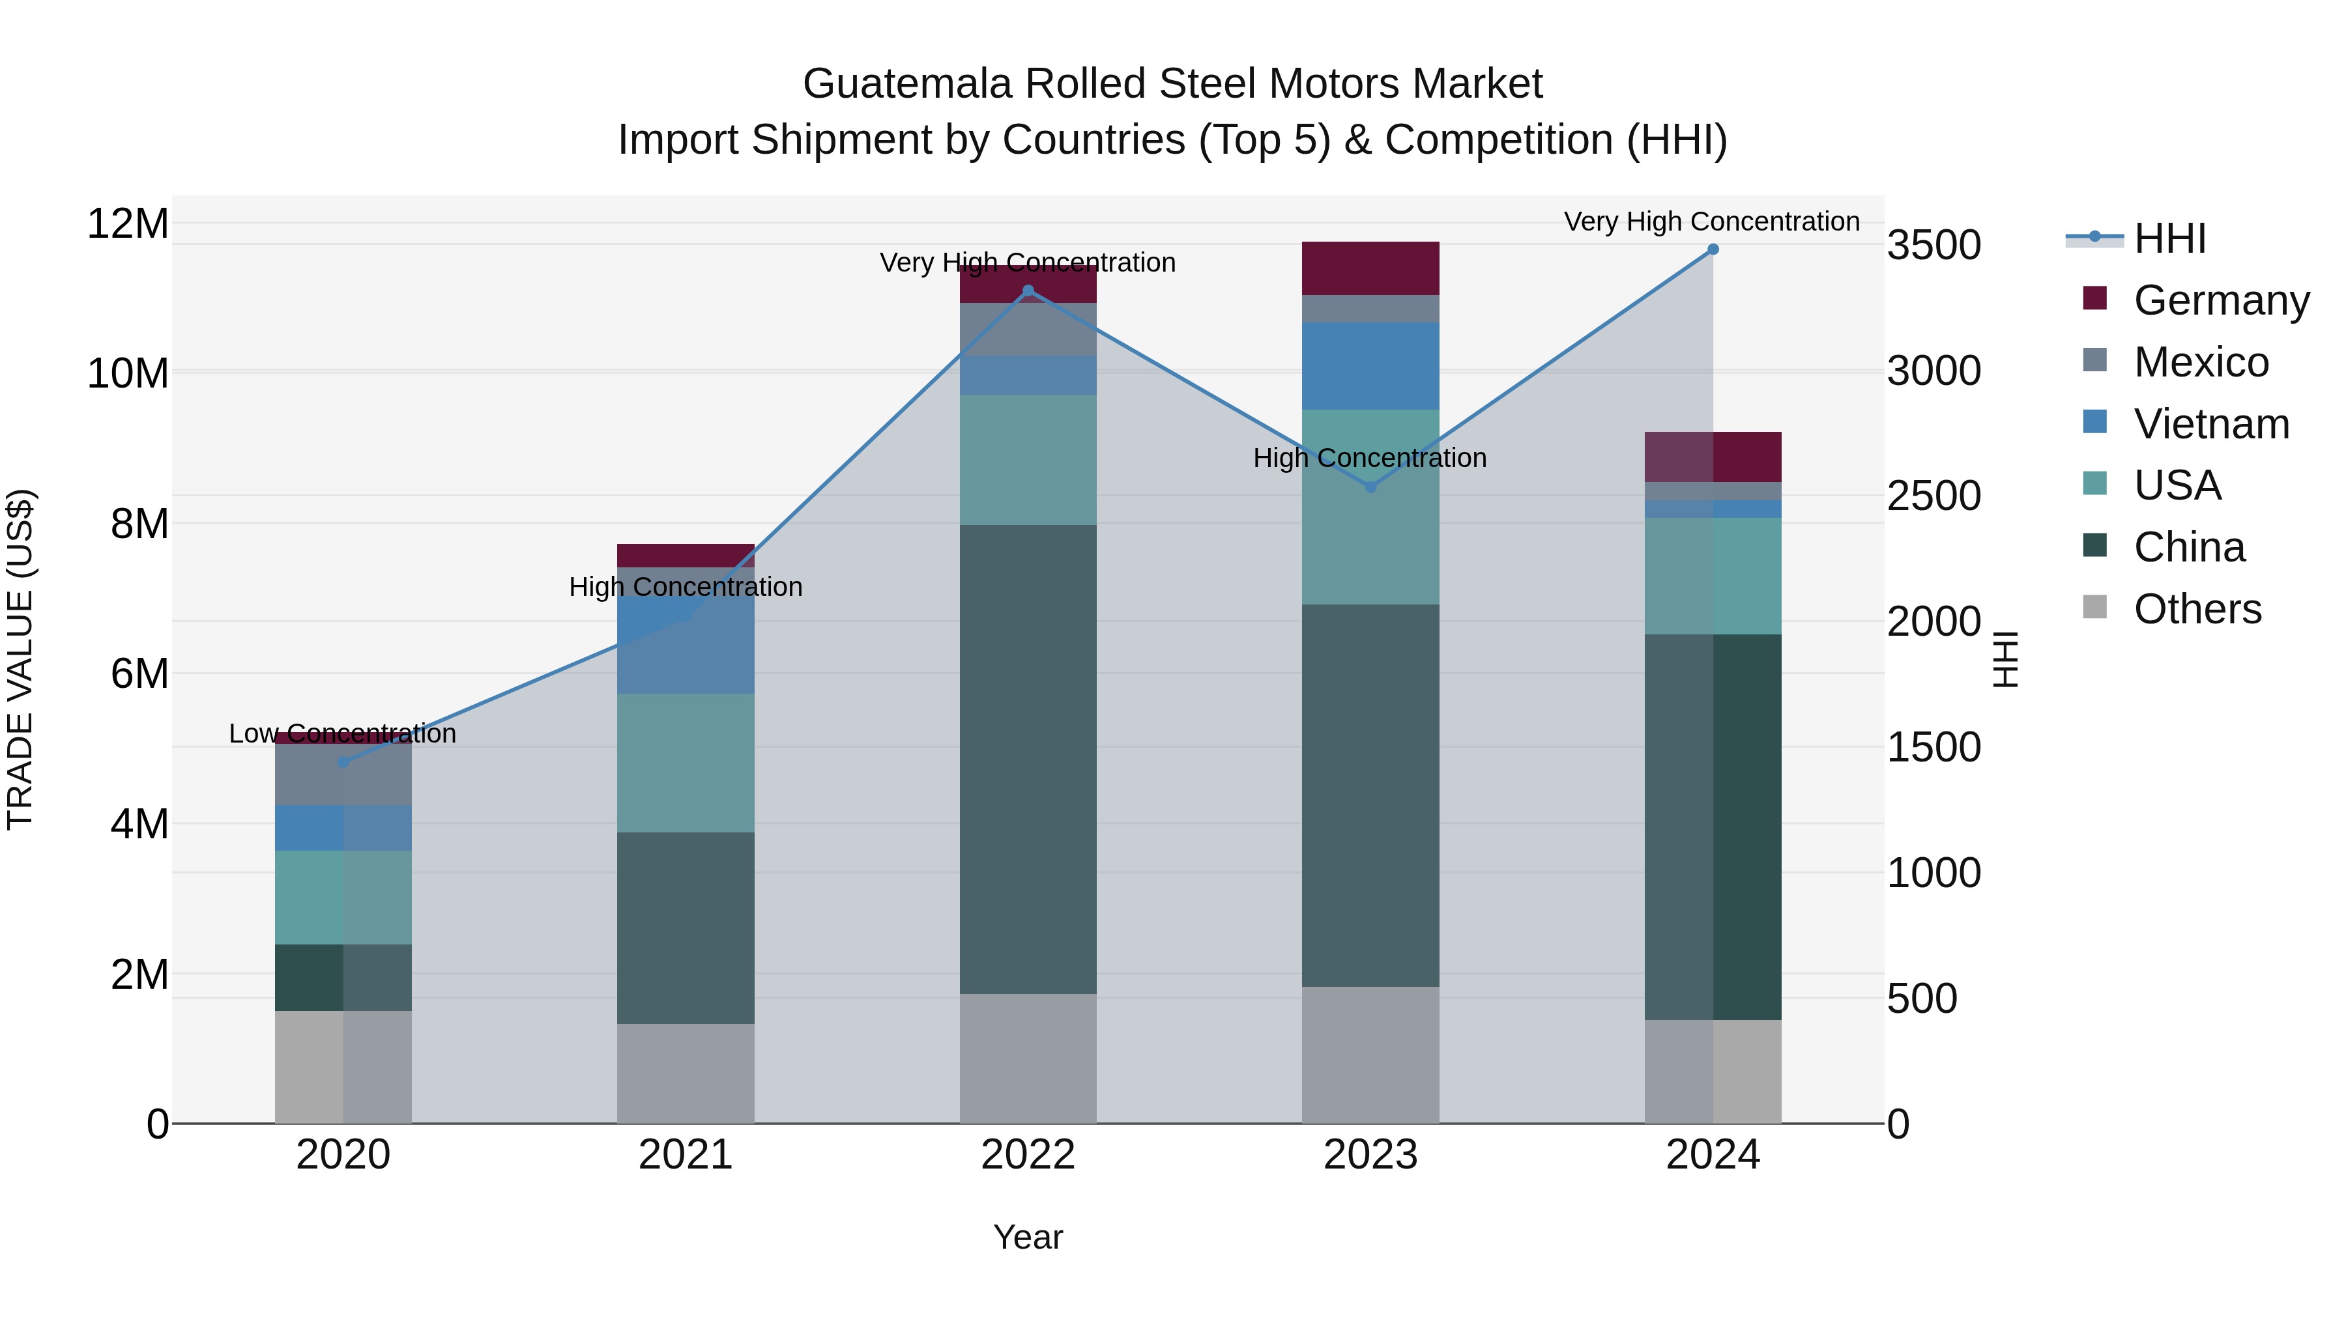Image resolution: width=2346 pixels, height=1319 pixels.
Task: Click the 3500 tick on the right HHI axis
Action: (x=1933, y=246)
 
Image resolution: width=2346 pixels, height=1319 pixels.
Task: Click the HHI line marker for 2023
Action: (x=1370, y=487)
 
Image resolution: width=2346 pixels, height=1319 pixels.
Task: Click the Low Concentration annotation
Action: (x=342, y=733)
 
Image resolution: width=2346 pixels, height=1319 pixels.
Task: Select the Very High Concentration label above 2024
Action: (x=1711, y=222)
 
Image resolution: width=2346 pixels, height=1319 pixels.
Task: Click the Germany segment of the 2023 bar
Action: (x=1370, y=268)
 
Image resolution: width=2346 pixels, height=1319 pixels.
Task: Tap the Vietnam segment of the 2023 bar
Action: (x=1370, y=366)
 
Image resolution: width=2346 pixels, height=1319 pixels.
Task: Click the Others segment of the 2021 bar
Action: (x=685, y=1073)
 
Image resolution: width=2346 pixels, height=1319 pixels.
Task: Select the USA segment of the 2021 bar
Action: (x=685, y=763)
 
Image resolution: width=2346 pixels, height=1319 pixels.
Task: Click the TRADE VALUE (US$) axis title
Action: (x=20, y=659)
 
